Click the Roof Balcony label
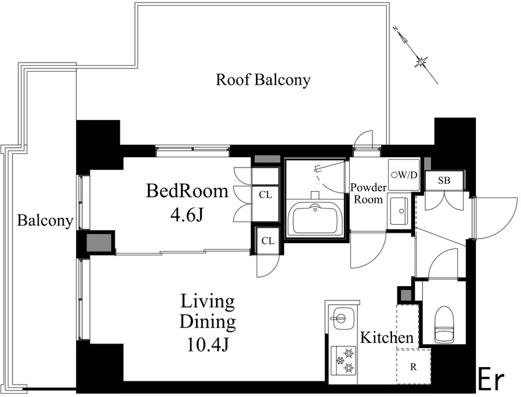pos(263,80)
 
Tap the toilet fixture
pos(444,324)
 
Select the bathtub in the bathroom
pos(315,220)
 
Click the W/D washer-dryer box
pos(404,175)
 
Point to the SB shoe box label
pos(444,181)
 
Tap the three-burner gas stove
pos(344,360)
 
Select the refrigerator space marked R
pos(414,367)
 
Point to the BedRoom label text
pos(188,191)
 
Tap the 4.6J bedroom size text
pos(186,216)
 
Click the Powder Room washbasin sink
pos(399,211)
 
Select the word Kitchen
pos(387,338)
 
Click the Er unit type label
pos(492,380)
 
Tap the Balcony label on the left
pos(45,220)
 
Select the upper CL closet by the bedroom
pos(265,194)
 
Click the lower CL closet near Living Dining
pos(268,241)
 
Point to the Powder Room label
pos(368,194)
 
